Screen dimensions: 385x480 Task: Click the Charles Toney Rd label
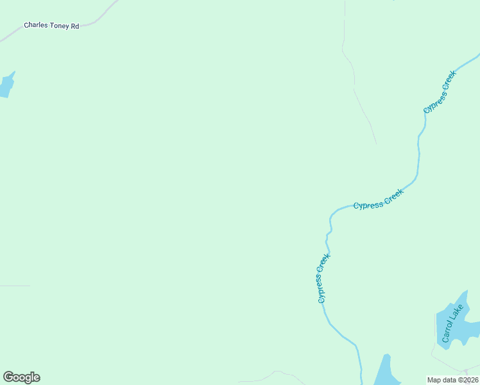click(x=51, y=26)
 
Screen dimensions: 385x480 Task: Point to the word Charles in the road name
click(x=35, y=26)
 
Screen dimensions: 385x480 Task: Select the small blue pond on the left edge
click(x=6, y=85)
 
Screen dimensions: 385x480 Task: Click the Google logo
click(x=21, y=377)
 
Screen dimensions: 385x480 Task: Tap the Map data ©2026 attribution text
click(x=452, y=380)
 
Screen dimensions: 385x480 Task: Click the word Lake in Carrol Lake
click(x=456, y=314)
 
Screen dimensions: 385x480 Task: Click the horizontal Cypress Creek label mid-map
click(x=379, y=199)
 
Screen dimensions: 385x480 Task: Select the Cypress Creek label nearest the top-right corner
click(x=440, y=92)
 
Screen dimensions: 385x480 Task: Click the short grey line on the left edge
click(x=14, y=286)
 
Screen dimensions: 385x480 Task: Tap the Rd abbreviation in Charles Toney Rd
click(x=74, y=26)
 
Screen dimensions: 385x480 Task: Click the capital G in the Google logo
click(x=8, y=377)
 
